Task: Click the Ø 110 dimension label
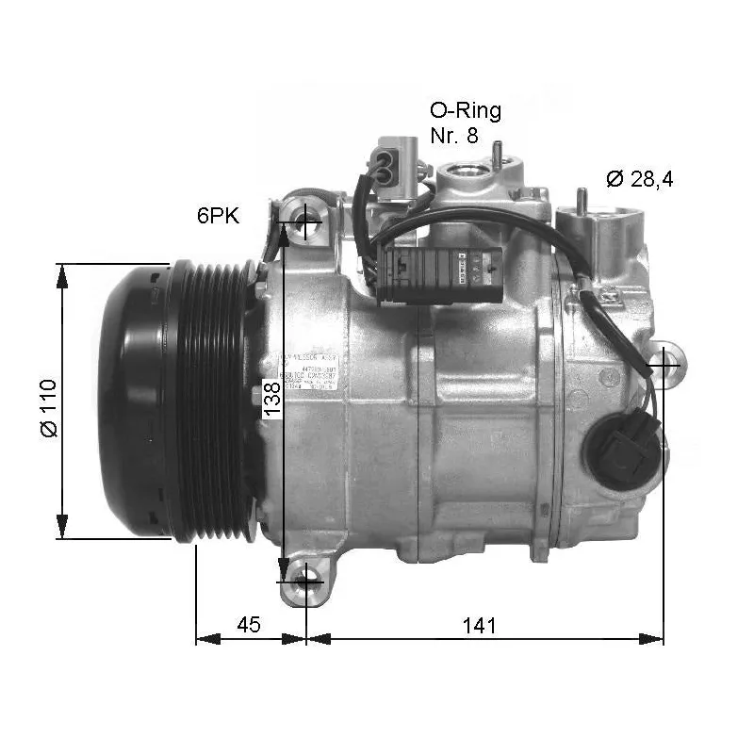pos(49,407)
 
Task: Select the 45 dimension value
pos(248,625)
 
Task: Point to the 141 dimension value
pos(479,625)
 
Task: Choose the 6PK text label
pos(218,216)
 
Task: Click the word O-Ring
pos(465,110)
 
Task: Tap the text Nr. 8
pos(454,135)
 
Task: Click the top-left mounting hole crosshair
pos(306,221)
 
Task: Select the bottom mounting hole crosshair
pos(305,582)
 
